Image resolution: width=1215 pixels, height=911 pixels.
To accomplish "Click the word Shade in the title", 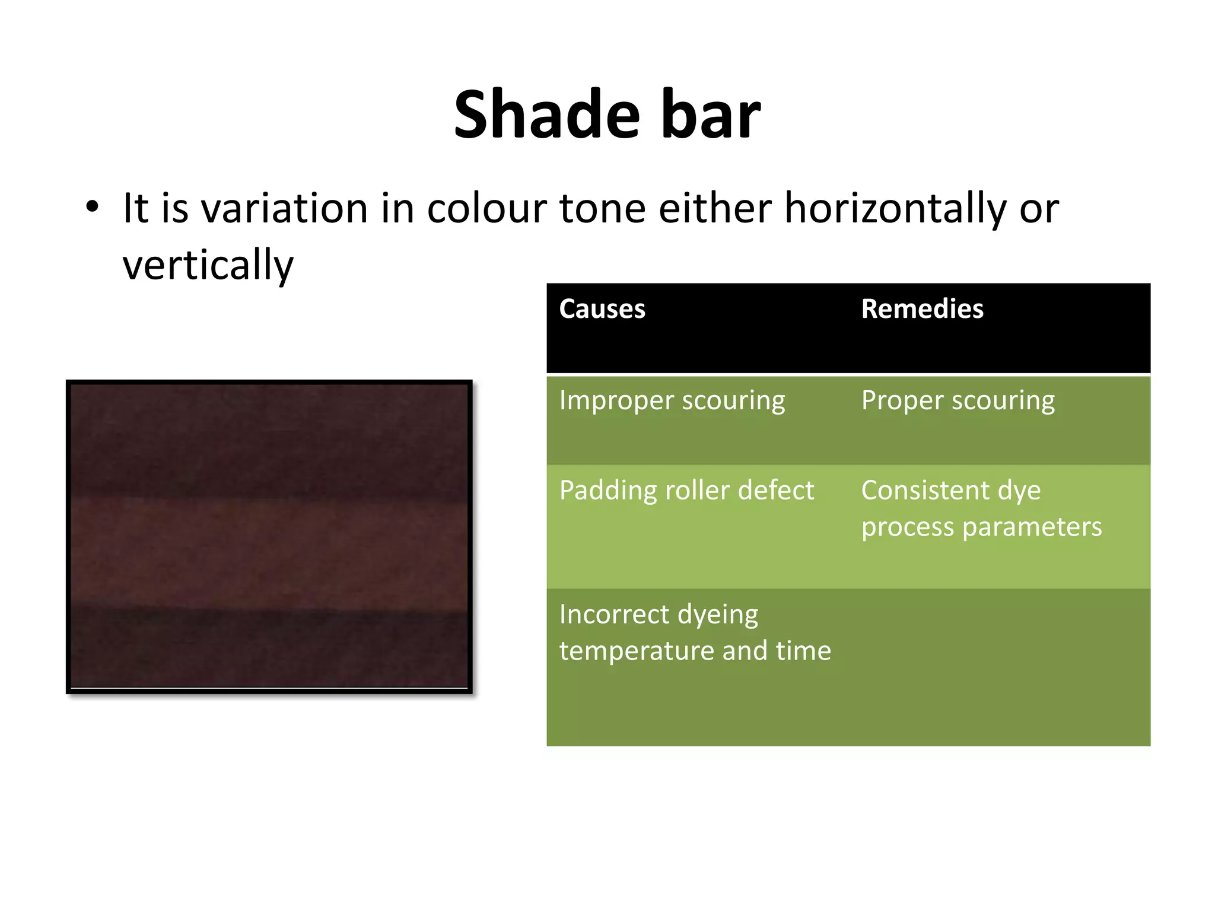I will tap(546, 114).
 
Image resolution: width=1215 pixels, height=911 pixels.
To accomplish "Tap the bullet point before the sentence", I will tap(92, 208).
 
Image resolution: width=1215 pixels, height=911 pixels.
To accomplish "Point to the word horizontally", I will tap(895, 209).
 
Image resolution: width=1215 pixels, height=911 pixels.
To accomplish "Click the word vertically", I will tap(208, 265).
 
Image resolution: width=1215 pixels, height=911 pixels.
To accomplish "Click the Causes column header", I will tap(602, 309).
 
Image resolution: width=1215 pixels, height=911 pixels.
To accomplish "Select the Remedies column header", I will tap(922, 309).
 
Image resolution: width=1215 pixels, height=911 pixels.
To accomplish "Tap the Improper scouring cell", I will tap(672, 400).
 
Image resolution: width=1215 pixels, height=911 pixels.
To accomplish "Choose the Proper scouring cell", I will tap(958, 400).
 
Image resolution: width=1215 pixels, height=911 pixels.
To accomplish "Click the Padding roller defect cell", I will tap(686, 490).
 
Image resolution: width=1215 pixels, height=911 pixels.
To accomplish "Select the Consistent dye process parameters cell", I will tap(981, 509).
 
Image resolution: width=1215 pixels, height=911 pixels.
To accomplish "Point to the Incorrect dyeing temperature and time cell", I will tap(695, 632).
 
